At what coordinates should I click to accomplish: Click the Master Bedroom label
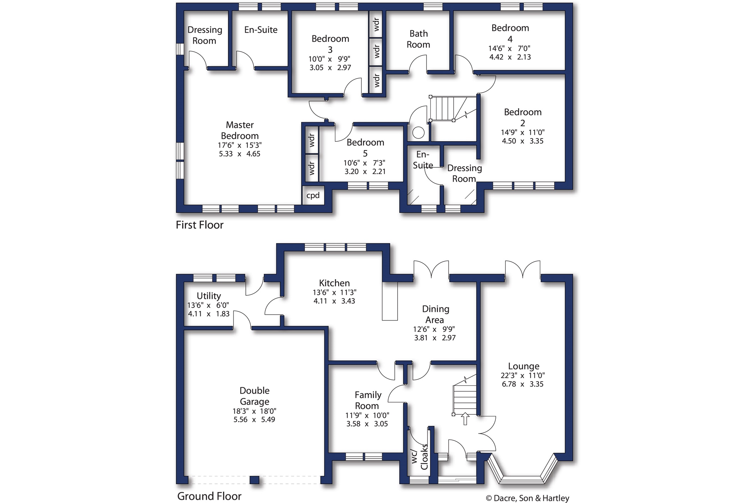click(x=240, y=130)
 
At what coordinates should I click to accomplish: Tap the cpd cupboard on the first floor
click(x=313, y=195)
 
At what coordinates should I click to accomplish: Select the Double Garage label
click(x=255, y=396)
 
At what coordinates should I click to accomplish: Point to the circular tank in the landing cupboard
click(x=419, y=132)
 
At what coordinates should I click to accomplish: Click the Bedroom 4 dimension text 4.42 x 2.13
click(x=510, y=57)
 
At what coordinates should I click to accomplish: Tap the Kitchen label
click(x=334, y=283)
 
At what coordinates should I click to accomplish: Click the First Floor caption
click(x=200, y=225)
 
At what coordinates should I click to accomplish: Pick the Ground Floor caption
click(x=209, y=496)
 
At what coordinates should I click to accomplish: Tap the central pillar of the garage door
click(x=254, y=480)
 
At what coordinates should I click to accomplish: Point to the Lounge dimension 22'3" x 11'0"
click(x=523, y=375)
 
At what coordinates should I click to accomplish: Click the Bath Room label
click(x=418, y=39)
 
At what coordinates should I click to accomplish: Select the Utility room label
click(x=209, y=296)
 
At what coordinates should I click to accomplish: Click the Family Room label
click(x=368, y=400)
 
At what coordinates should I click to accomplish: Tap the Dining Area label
click(x=435, y=314)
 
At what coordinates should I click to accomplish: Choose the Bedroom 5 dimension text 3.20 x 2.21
click(x=365, y=171)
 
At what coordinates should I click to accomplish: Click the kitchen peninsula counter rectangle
click(x=390, y=301)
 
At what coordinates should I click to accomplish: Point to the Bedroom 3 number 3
click(x=330, y=50)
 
